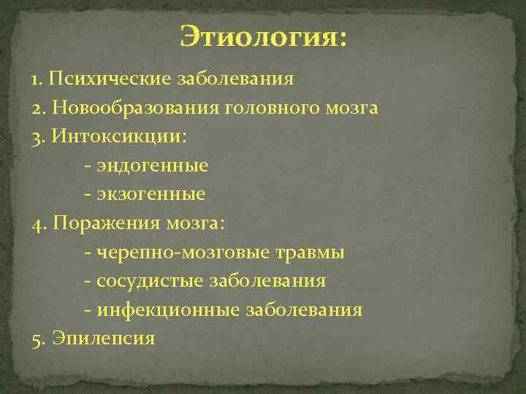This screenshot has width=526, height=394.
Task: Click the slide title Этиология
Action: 264,36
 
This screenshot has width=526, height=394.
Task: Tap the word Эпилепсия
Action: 102,339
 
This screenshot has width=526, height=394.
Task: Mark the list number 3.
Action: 38,137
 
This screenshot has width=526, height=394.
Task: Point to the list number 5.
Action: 38,339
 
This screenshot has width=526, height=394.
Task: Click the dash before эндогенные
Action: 88,166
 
